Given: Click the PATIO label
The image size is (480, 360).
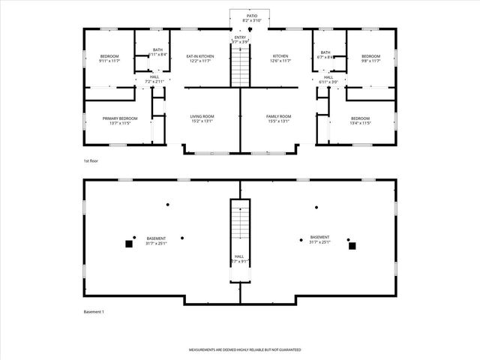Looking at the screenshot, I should [x=241, y=15].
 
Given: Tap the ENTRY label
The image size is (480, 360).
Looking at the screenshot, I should [x=240, y=37].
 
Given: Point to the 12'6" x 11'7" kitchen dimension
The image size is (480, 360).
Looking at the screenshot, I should [x=280, y=61].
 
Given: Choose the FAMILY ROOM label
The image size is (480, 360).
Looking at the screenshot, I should [x=278, y=116].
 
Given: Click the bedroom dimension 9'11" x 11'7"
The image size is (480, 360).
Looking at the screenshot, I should [x=109, y=61].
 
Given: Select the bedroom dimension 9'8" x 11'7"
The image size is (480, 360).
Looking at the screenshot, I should [x=371, y=61].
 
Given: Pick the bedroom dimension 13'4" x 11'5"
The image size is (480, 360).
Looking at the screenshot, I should [x=360, y=123].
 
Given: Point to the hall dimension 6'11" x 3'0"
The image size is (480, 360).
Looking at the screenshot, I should [x=328, y=81].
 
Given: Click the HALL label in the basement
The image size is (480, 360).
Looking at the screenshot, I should [x=239, y=256].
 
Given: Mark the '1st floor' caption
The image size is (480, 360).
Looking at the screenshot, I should [x=91, y=161].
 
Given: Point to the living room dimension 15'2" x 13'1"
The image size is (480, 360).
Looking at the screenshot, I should [x=201, y=121].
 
